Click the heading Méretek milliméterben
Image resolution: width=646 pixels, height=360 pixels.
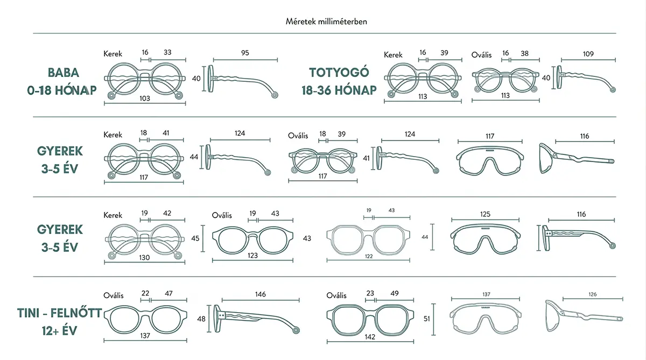[x=326, y=22]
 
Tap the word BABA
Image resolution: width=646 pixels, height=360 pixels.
[x=63, y=73]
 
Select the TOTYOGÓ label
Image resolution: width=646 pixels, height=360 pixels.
[x=339, y=72]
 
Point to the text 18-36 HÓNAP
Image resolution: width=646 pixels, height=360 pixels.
[x=339, y=90]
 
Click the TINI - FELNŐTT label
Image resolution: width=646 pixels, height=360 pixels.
[x=59, y=313]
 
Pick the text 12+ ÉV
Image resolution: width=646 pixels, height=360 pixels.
[x=59, y=331]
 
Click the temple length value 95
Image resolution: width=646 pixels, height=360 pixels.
[x=245, y=53]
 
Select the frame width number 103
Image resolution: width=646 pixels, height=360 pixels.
[x=145, y=98]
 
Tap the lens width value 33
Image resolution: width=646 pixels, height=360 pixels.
[x=167, y=52]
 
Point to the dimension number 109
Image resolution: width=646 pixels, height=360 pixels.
[x=588, y=54]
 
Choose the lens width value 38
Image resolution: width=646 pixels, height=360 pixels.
[x=524, y=53]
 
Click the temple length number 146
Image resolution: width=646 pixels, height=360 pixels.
[x=260, y=294]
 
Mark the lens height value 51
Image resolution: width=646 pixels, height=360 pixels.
[x=426, y=319]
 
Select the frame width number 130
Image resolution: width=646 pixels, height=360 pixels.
[x=144, y=257]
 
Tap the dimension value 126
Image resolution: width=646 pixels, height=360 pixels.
[x=592, y=294]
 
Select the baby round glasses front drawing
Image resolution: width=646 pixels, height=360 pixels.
[x=144, y=78]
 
